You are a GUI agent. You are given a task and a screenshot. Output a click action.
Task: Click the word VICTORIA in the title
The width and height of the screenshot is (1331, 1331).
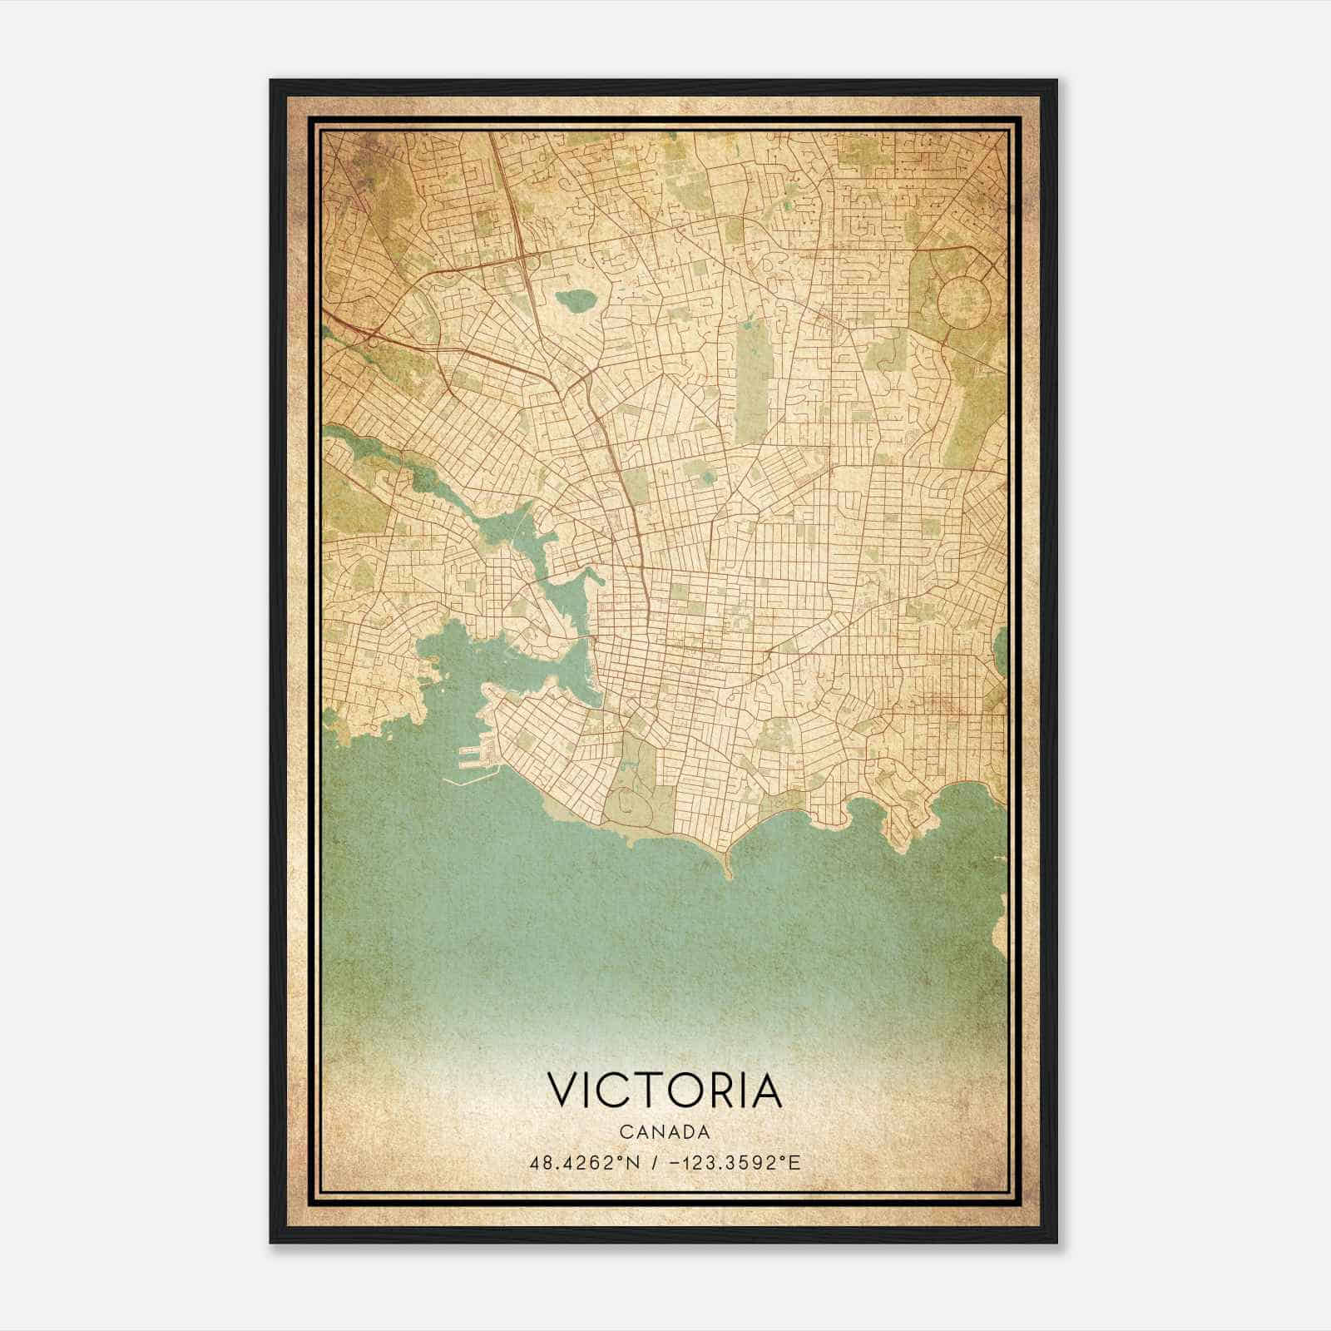click(x=665, y=1091)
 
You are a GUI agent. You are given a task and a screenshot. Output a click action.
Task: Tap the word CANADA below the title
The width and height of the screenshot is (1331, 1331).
click(x=665, y=1132)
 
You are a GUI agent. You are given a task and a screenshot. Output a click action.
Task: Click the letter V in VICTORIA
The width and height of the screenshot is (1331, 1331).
click(x=562, y=1091)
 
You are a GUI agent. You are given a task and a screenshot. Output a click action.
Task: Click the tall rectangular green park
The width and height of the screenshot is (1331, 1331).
click(x=753, y=374)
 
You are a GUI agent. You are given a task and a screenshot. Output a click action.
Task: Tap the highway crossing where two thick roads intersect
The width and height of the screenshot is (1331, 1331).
click(x=524, y=258)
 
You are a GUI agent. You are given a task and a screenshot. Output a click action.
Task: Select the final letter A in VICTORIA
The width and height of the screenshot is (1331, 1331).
click(x=769, y=1091)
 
